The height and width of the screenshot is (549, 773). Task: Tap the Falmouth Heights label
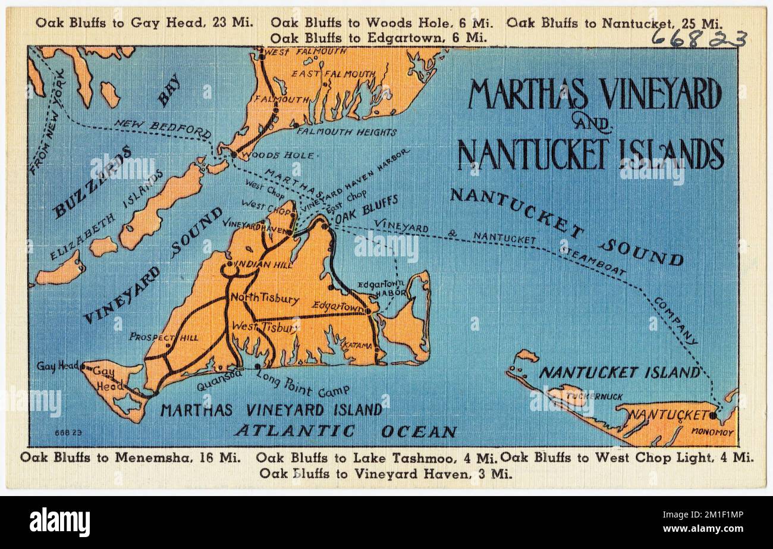346,131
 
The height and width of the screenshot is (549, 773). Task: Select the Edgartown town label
338,306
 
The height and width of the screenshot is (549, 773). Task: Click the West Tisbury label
265,327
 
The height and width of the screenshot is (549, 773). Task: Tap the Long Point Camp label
302,383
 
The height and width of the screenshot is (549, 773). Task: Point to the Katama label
357,345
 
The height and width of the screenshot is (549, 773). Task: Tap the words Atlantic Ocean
345,431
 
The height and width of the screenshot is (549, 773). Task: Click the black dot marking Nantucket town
712,415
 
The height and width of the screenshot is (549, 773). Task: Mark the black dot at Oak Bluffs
324,226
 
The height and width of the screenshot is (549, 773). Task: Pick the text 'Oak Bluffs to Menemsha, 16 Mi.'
130,457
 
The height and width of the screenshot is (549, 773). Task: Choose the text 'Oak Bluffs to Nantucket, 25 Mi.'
614,23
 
